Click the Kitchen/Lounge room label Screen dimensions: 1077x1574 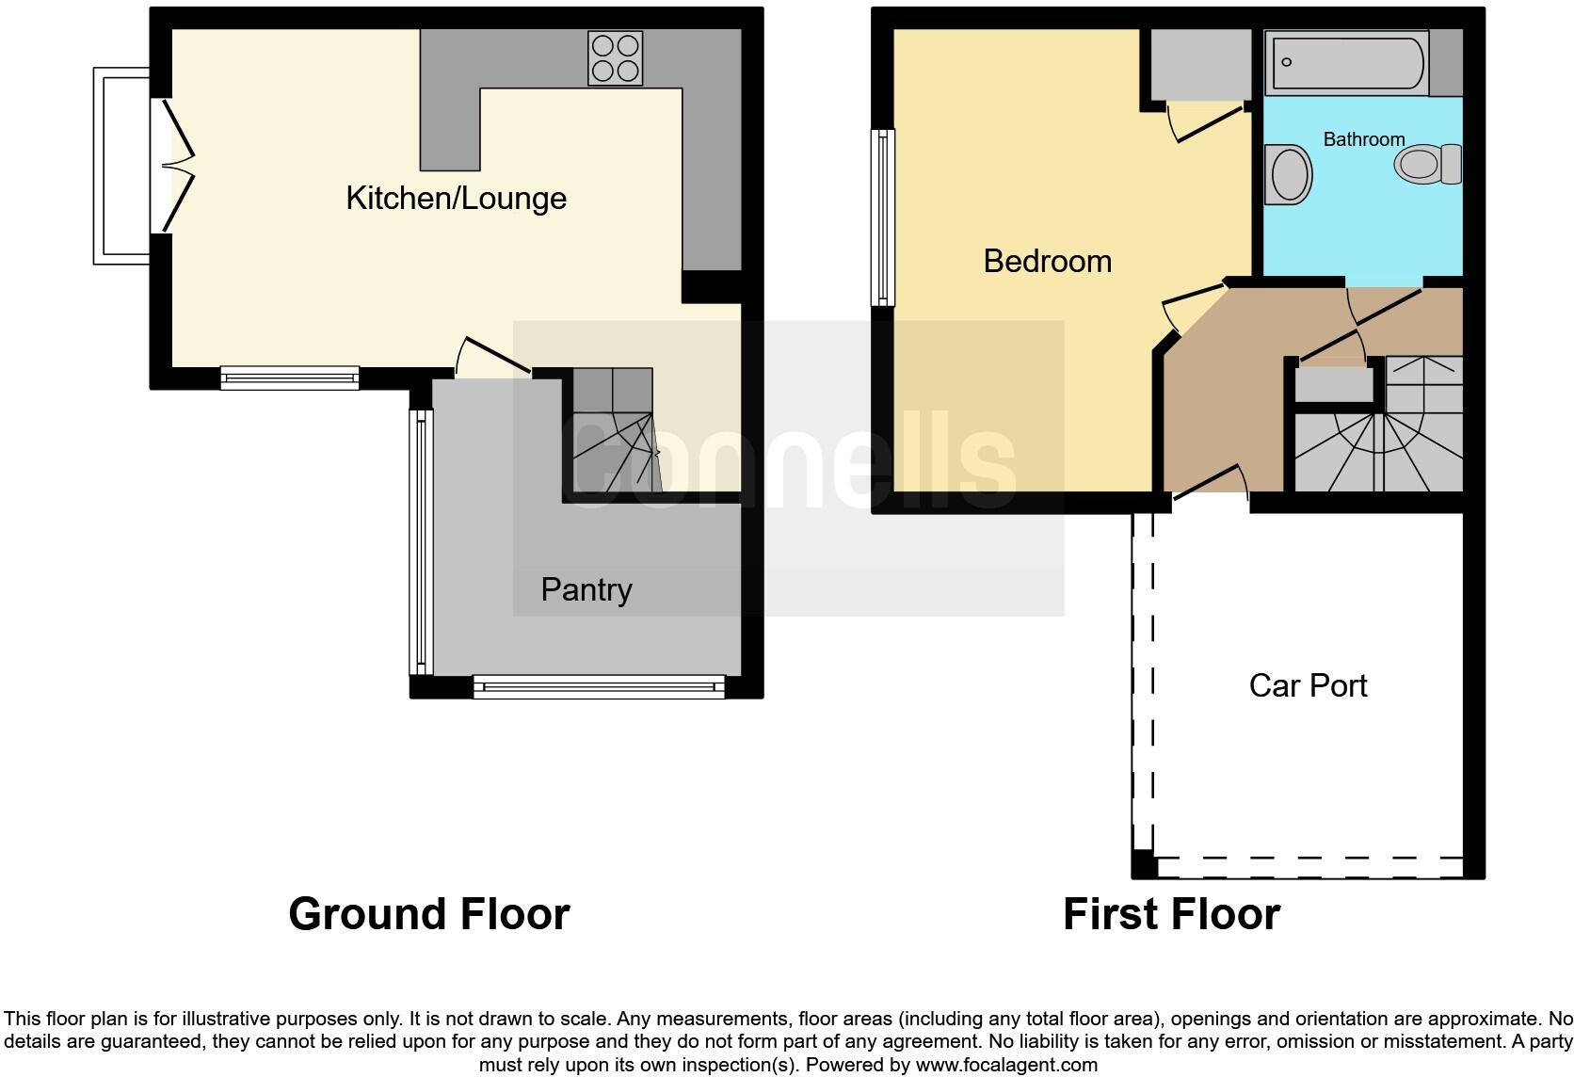(456, 199)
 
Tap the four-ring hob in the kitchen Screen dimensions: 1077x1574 (615, 58)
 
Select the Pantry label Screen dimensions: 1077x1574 (586, 590)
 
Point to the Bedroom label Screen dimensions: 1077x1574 (1047, 261)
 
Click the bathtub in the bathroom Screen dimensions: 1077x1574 (1346, 62)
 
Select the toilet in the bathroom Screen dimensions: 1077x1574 (1425, 165)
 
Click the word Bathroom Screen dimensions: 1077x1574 (1363, 139)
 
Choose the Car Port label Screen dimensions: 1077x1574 (1308, 685)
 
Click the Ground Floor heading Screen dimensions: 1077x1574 (428, 914)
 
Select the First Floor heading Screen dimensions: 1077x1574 (1171, 914)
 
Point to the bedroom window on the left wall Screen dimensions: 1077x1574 (883, 217)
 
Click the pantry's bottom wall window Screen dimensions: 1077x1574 (599, 686)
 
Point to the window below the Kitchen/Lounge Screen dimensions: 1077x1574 (289, 378)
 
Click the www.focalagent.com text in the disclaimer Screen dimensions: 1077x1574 (1006, 1065)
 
